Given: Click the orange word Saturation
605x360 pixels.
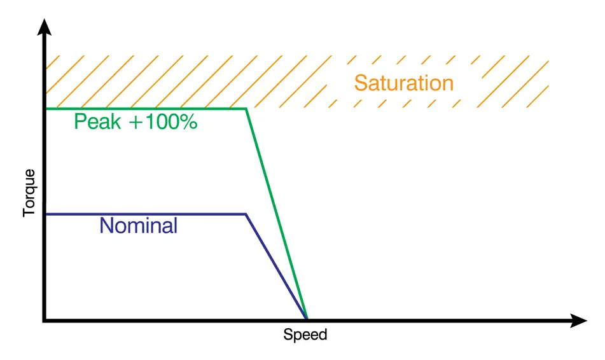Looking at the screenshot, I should pyautogui.click(x=403, y=83).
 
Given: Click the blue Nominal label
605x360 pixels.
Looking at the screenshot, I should pyautogui.click(x=139, y=225).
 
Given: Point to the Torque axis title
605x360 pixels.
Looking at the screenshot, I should pyautogui.click(x=29, y=193).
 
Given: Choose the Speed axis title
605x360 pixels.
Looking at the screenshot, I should pyautogui.click(x=305, y=335).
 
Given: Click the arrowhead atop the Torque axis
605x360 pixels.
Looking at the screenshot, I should pyautogui.click(x=44, y=27).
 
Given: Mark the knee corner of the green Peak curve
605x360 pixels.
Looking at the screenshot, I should pyautogui.click(x=246, y=109).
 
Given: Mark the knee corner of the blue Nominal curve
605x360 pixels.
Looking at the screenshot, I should pyautogui.click(x=246, y=214).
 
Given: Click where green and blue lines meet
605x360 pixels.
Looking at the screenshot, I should pyautogui.click(x=307, y=317).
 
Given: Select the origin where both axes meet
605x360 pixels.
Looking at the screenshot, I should pyautogui.click(x=44, y=320).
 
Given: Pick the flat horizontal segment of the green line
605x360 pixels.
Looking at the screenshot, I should pyautogui.click(x=146, y=109).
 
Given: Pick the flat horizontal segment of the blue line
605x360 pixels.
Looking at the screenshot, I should pyautogui.click(x=146, y=214).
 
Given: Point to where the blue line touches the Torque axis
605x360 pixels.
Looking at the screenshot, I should pyautogui.click(x=45, y=214).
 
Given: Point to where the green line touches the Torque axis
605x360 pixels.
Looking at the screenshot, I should pyautogui.click(x=45, y=109).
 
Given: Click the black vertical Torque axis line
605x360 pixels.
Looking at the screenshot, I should pyautogui.click(x=44, y=267).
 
